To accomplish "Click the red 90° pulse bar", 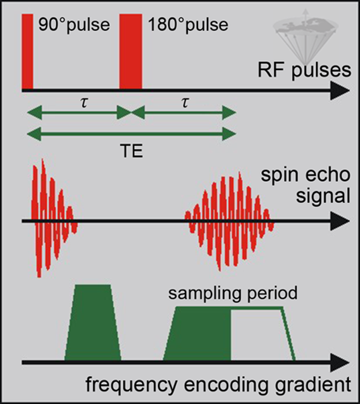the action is (27, 51).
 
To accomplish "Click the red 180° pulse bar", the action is (130, 51).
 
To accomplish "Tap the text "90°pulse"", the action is (74, 25).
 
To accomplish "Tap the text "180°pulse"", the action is (188, 25).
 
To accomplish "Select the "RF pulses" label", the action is (304, 70).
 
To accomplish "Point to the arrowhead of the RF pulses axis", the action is (341, 90).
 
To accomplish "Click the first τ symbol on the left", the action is (84, 103).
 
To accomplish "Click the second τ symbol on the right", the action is (185, 103).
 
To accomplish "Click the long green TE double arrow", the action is (131, 134).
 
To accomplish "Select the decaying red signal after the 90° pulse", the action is (54, 218).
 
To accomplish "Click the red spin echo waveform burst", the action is (229, 222).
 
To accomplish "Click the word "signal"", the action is (323, 197).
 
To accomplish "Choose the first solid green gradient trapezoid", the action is (93, 322).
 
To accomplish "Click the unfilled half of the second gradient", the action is (263, 334).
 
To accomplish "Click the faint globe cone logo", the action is (305, 36).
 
